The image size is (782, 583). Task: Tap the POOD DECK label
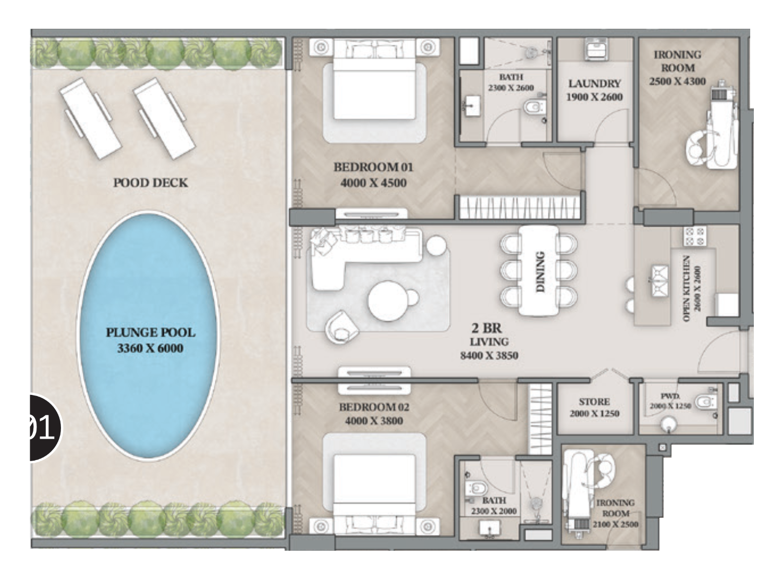[x=150, y=183]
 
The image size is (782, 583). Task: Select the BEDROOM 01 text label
[x=373, y=167]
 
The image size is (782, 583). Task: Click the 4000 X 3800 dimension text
[x=374, y=420]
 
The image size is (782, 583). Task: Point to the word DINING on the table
[x=541, y=271]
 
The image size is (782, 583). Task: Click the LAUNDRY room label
[x=594, y=83]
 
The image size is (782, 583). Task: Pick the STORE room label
[x=594, y=402]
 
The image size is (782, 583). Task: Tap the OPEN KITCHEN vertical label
[x=687, y=288]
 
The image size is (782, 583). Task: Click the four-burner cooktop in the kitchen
[x=695, y=237]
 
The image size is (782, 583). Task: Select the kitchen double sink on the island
[x=659, y=280]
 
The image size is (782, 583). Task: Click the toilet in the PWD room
[x=705, y=402]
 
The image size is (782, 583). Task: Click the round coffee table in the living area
[x=388, y=301]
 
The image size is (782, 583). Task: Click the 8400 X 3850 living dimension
[x=489, y=355]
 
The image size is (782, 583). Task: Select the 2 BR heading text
[x=486, y=328]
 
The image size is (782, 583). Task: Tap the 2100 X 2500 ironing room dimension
[x=616, y=524]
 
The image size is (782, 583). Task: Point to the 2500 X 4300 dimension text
[x=677, y=81]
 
